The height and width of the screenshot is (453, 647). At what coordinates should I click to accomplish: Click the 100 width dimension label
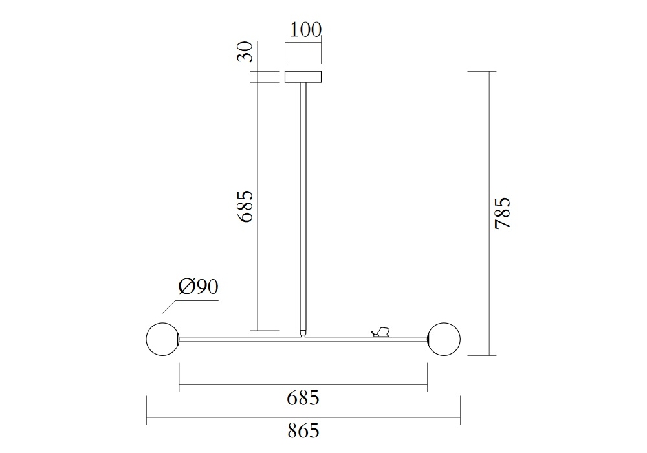click(x=305, y=30)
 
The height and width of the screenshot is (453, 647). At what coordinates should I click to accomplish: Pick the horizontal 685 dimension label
click(x=303, y=398)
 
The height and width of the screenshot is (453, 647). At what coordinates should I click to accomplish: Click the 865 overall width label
click(x=303, y=431)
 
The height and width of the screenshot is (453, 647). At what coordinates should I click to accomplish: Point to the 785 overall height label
click(x=503, y=213)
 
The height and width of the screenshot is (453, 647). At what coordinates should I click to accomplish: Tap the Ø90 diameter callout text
click(x=198, y=286)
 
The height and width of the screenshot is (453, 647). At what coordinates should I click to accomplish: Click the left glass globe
click(x=162, y=338)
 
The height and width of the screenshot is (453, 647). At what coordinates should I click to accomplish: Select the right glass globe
click(x=444, y=338)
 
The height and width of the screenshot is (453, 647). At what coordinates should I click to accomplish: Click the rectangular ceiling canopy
click(x=303, y=77)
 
